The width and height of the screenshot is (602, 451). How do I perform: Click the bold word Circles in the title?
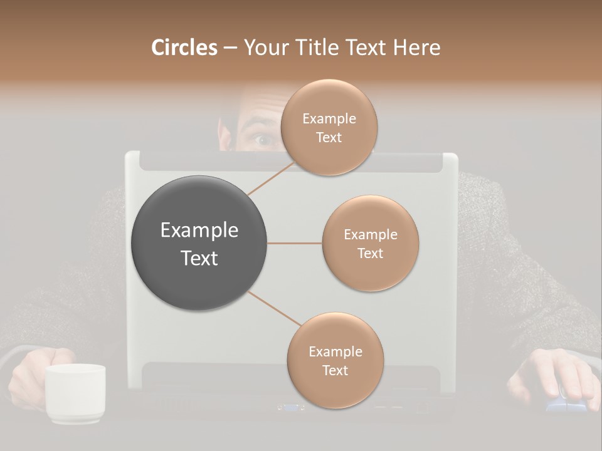click(x=184, y=48)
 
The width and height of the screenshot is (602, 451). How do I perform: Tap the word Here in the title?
click(x=416, y=48)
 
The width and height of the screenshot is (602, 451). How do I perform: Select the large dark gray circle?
click(x=199, y=243)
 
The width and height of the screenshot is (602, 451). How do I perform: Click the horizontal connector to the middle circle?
click(x=295, y=243)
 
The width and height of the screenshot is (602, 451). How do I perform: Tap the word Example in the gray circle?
click(x=199, y=231)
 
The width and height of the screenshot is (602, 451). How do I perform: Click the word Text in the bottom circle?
click(x=335, y=370)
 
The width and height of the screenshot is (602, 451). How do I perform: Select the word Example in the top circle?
click(x=329, y=119)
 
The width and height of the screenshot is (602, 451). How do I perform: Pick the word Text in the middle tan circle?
click(x=370, y=253)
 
